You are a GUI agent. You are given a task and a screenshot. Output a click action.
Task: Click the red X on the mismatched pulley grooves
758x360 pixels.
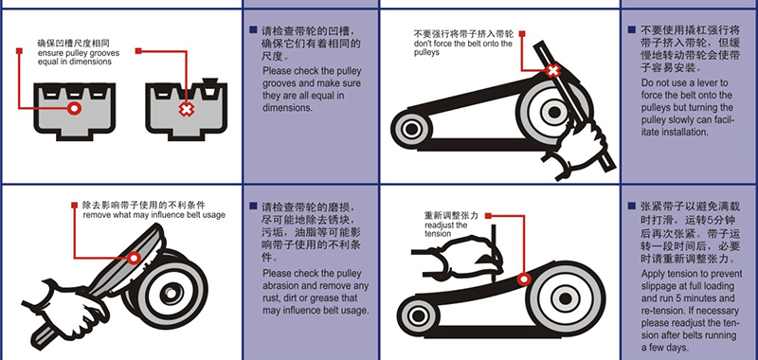[186, 109]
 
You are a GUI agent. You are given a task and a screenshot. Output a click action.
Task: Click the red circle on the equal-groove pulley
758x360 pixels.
[74, 108]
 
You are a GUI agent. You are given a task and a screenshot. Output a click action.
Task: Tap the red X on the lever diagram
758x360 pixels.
[553, 71]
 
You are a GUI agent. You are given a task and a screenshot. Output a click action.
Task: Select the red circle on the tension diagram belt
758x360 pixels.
[523, 279]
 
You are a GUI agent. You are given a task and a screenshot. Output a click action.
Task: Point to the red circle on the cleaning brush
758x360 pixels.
[134, 258]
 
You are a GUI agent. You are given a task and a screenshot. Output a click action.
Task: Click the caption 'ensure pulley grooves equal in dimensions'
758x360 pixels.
[78, 57]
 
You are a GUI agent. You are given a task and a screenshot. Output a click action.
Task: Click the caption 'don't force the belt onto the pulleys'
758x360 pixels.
[462, 47]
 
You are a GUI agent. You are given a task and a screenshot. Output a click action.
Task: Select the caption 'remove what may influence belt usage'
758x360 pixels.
[153, 214]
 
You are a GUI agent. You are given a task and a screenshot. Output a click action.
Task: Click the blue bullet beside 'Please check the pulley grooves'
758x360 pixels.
[253, 30]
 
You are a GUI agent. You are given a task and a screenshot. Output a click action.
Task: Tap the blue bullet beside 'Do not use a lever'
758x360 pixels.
[632, 30]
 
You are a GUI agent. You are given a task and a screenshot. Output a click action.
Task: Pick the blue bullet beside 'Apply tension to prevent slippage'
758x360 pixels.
[632, 206]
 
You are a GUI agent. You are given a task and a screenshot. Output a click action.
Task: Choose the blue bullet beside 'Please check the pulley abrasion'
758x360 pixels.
[253, 206]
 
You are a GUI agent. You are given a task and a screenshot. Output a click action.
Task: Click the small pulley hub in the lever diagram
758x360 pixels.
[411, 129]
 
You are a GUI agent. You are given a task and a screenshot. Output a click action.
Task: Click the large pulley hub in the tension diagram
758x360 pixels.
[564, 297]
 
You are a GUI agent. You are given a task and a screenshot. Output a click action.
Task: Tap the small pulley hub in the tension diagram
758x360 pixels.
[417, 316]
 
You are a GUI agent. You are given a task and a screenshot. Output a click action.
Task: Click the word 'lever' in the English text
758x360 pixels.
[713, 82]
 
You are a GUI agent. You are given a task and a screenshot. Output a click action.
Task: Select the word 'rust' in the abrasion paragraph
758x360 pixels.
[271, 297]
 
